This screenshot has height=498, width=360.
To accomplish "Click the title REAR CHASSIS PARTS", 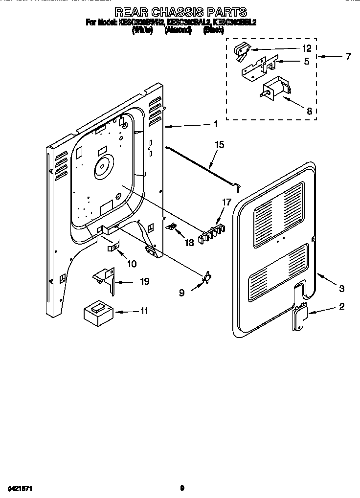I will click(180, 12).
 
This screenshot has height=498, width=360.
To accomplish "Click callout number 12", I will click(307, 48).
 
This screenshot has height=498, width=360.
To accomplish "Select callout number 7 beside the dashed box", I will click(348, 56).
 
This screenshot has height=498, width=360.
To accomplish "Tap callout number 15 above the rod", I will click(220, 144).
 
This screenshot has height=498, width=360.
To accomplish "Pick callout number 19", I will click(144, 282).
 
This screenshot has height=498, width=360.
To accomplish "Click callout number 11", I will click(144, 311).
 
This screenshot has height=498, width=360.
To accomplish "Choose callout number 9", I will click(181, 293).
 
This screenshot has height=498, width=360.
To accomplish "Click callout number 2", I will click(342, 307).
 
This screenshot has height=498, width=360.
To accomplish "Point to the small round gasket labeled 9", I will click(207, 277).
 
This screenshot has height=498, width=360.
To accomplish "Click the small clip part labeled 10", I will click(113, 248).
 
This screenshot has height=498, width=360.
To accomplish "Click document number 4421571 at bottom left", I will click(20, 488).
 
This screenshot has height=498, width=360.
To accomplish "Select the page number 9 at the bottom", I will click(181, 488).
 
